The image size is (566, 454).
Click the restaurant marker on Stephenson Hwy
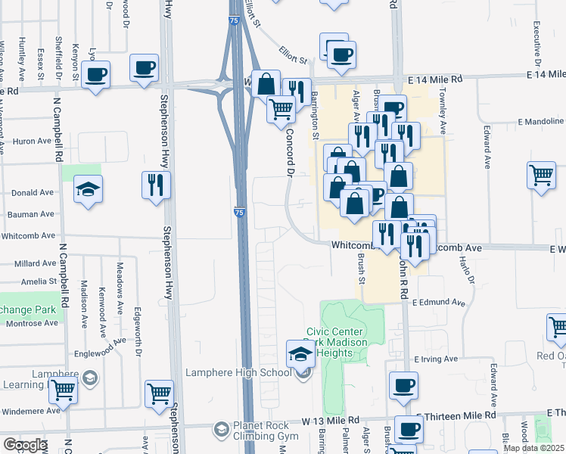pyautogui.click(x=156, y=184)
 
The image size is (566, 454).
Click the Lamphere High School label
pyautogui.click(x=239, y=372)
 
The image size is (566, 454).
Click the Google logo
pyautogui.click(x=25, y=445)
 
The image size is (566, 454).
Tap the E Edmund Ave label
pyautogui.click(x=439, y=302)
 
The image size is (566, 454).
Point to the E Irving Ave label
pyautogui.click(x=436, y=359)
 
